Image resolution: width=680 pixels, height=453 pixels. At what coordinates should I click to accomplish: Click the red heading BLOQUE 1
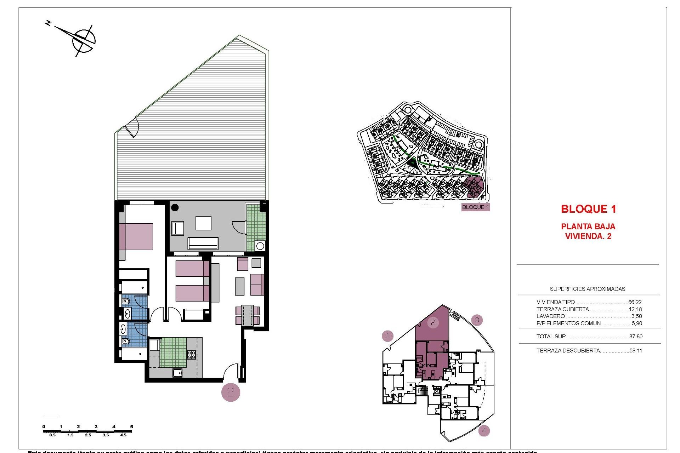coord(588,209)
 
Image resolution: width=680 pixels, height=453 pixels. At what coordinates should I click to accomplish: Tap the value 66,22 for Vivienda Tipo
coord(635,302)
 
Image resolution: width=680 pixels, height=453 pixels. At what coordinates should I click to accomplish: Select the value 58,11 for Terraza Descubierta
coord(635,351)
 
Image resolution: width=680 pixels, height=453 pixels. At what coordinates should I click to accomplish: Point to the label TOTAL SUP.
coord(551,337)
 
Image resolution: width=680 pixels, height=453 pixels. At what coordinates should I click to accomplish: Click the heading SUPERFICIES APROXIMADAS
coord(587,289)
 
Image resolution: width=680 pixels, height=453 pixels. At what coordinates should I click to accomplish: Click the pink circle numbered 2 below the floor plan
coord(231,392)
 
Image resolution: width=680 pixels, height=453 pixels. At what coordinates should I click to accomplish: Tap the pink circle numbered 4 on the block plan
coord(484,431)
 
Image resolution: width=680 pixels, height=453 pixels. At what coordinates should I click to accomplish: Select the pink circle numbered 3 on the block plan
coord(477,320)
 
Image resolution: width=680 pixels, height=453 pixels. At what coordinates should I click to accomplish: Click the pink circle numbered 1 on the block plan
coord(387,336)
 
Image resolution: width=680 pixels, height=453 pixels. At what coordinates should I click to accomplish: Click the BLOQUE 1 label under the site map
coord(475,207)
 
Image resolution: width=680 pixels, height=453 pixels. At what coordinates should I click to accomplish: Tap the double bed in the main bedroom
coord(137,236)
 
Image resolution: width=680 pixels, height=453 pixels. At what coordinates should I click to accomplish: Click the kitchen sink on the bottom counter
coord(177,372)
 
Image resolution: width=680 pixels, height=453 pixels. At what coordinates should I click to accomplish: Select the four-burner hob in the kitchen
coord(192,355)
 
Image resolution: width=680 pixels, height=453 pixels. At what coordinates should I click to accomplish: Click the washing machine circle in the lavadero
coord(260,246)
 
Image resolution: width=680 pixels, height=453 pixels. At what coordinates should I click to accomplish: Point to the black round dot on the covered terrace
coord(175,208)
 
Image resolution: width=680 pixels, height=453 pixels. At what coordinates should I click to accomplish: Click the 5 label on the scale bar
coord(131,426)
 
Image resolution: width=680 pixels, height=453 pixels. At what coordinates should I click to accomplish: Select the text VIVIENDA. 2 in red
coord(588,236)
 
